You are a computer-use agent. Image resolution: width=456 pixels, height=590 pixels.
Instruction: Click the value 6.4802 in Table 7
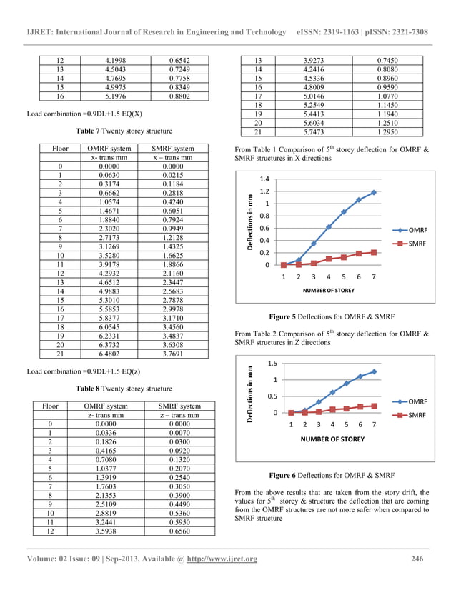pyautogui.click(x=106, y=352)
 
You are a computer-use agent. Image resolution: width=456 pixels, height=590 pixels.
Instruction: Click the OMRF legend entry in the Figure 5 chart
pyautogui.click(x=417, y=230)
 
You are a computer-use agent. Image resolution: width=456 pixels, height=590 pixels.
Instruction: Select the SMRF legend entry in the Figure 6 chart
pyautogui.click(x=417, y=414)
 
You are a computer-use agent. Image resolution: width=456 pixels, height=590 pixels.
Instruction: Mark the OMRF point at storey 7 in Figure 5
pyautogui.click(x=374, y=192)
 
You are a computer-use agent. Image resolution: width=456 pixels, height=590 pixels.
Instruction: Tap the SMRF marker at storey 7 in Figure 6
pyautogui.click(x=374, y=406)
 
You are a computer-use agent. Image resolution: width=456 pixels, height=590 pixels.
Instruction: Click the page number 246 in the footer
pyautogui.click(x=418, y=558)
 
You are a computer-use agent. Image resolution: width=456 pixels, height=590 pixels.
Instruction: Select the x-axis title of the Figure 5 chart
pyautogui.click(x=327, y=291)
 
